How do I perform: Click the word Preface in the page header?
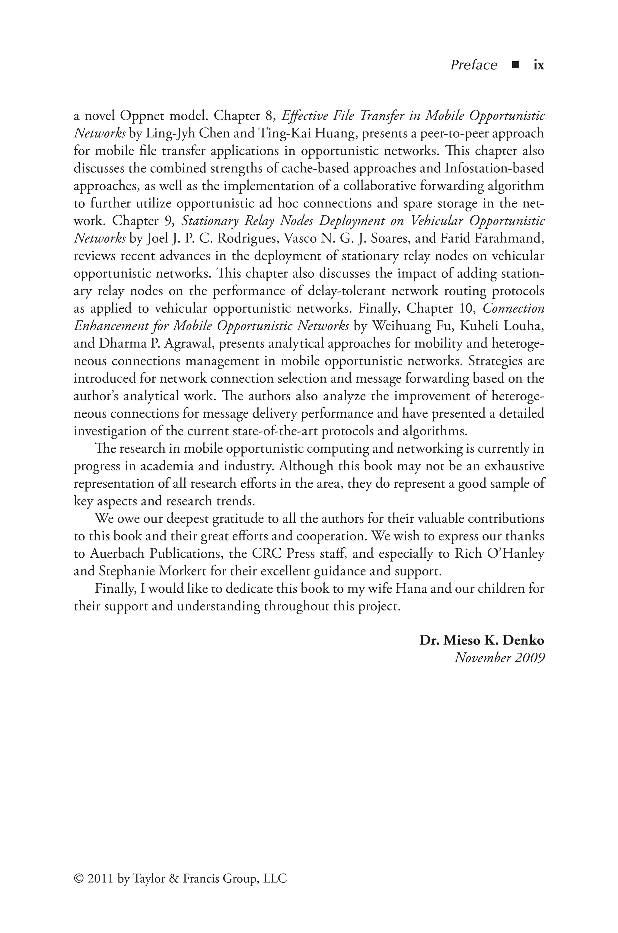tap(474, 65)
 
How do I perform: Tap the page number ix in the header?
tap(538, 65)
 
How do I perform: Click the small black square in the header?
tap(515, 65)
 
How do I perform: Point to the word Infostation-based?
tap(494, 168)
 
